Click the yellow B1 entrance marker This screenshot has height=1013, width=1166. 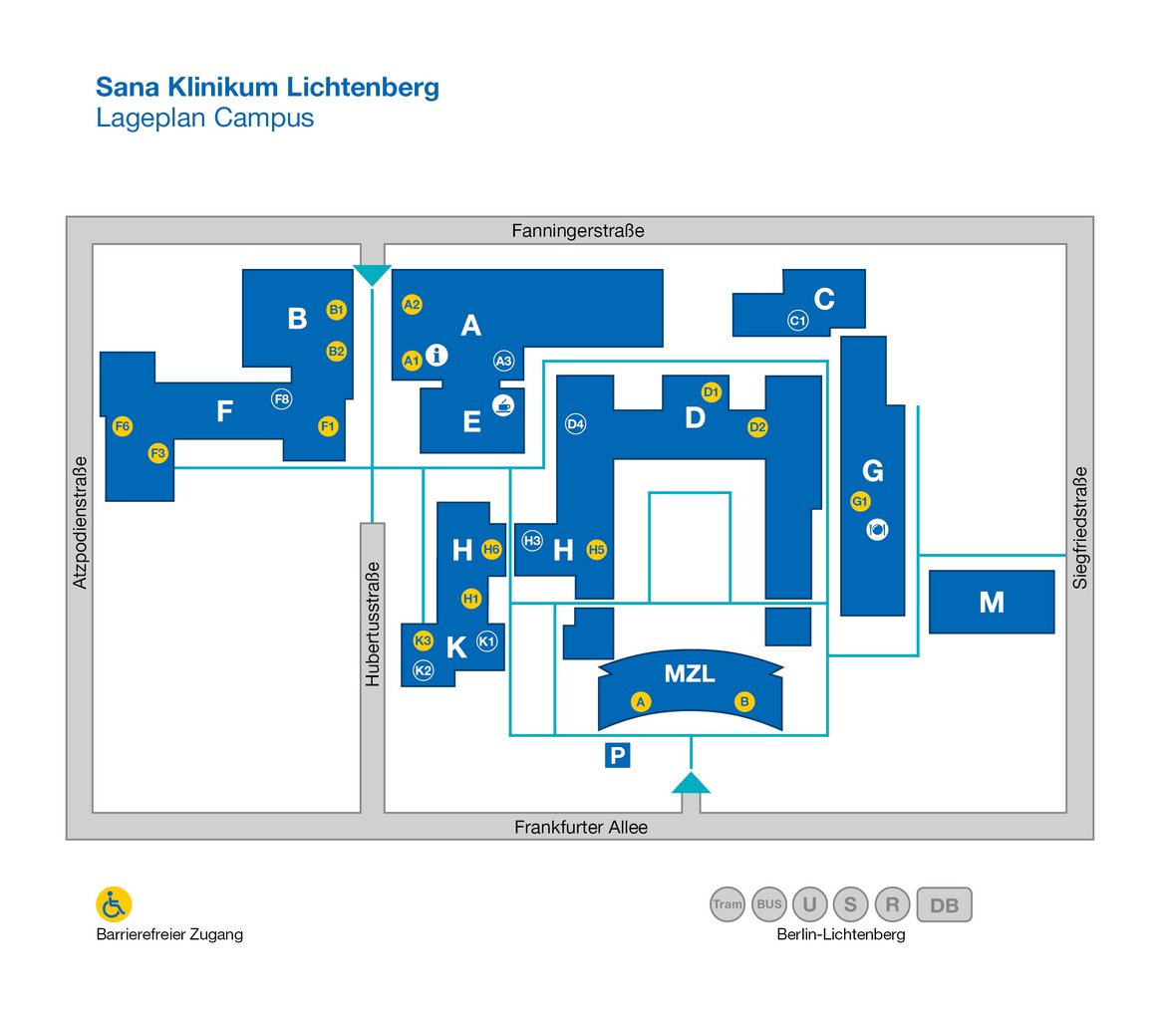337,309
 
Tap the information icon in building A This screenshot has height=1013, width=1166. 437,356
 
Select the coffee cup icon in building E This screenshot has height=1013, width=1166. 503,405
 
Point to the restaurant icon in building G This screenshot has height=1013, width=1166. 877,530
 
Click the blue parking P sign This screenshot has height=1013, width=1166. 617,755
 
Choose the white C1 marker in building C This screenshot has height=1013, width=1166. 798,321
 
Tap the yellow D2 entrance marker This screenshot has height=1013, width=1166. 757,426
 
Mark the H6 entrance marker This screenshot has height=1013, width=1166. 491,549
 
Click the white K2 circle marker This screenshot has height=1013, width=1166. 424,670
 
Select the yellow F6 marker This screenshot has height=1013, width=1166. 123,426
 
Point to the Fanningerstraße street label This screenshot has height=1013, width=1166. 578,231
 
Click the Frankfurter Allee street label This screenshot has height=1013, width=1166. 581,827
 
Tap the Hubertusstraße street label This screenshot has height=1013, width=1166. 373,625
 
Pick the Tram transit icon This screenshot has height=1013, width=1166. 728,904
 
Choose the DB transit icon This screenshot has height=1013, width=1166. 945,904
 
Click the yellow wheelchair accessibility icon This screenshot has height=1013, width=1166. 114,904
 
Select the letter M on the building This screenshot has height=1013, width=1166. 992,602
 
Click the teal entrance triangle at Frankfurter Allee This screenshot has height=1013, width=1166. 691,783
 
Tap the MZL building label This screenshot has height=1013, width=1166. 690,673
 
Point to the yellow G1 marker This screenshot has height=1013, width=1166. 860,501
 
